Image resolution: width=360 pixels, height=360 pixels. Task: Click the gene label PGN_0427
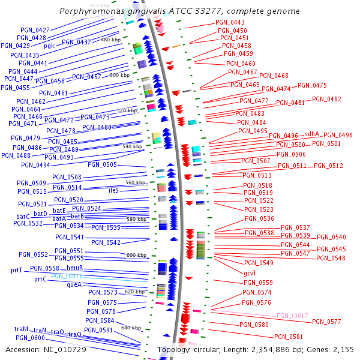point(35,30)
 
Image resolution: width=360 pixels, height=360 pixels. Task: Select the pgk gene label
point(49,46)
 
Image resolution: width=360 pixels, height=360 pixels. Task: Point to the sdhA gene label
point(312,134)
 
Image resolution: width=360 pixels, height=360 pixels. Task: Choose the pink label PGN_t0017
point(292,316)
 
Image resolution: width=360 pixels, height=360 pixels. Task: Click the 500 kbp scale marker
point(119,76)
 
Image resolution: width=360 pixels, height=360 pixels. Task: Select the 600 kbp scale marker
point(136,256)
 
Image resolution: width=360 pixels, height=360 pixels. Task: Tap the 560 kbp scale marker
point(135,182)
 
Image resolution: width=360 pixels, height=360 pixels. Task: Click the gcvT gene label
point(251,273)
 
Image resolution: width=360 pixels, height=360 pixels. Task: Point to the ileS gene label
point(113,190)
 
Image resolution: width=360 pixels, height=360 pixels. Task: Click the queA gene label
point(74,285)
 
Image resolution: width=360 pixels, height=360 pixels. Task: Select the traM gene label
point(21,329)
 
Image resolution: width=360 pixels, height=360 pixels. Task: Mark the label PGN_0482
point(326,100)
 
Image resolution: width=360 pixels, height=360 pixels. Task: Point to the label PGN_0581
point(289,337)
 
